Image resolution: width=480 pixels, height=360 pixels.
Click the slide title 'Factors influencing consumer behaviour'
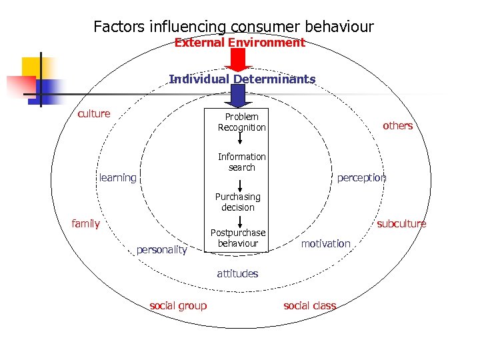click(x=233, y=27)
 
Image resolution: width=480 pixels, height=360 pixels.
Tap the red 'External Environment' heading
click(x=239, y=43)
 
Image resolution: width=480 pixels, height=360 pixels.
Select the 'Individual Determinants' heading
click(x=242, y=79)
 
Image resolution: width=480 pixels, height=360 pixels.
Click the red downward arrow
click(x=238, y=59)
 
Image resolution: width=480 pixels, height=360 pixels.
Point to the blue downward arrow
click(x=238, y=95)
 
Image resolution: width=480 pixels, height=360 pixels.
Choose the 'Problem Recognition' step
click(x=241, y=122)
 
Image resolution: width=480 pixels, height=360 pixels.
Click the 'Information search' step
click(x=241, y=162)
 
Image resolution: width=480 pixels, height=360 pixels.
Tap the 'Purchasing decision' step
click(x=238, y=202)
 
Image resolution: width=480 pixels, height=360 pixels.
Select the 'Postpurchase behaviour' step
click(x=238, y=238)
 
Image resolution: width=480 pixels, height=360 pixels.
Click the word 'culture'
click(x=94, y=113)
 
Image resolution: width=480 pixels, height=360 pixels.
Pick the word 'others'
click(x=397, y=125)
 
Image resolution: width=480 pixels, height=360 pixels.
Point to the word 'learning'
click(x=117, y=177)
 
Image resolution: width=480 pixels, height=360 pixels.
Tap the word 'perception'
click(x=361, y=177)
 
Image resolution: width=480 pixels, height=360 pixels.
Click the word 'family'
click(x=85, y=223)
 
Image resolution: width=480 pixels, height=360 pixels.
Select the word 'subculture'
click(x=401, y=223)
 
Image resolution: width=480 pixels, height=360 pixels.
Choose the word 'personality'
click(x=161, y=249)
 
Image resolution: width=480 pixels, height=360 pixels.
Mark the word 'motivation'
click(x=325, y=243)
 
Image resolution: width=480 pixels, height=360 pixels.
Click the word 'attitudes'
click(x=237, y=273)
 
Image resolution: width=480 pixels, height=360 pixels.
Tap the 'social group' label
click(x=178, y=305)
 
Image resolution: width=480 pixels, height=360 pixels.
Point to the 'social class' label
click(x=309, y=305)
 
